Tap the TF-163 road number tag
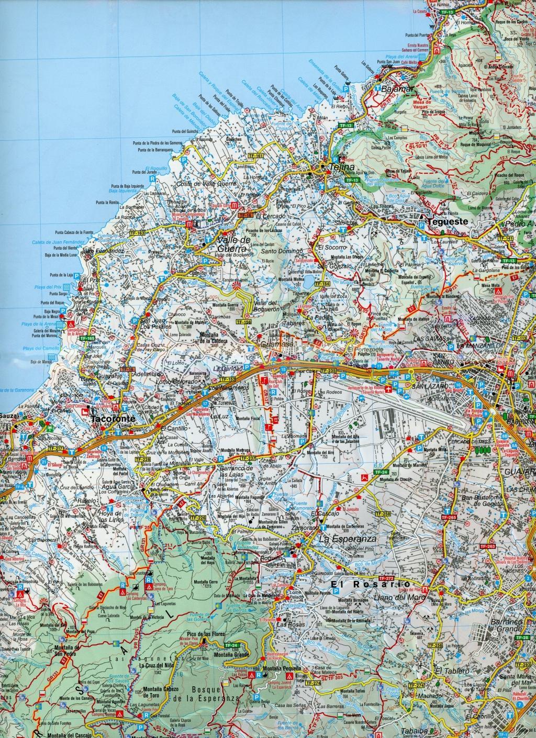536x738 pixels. [138, 232]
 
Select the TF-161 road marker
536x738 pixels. [256, 156]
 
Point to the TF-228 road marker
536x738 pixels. [142, 459]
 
